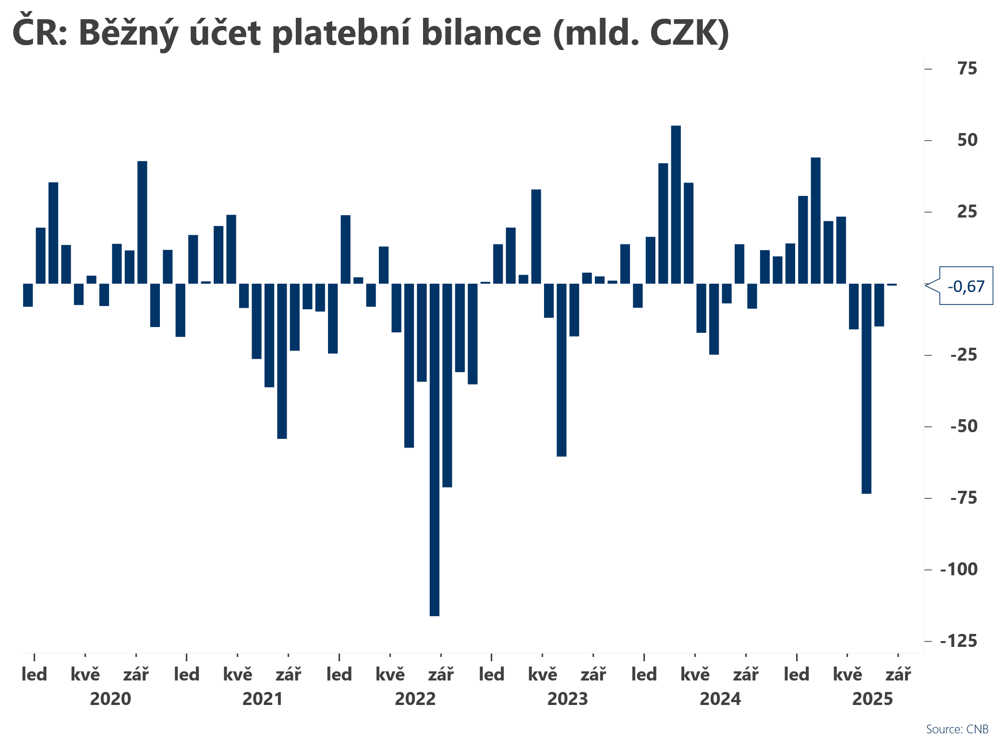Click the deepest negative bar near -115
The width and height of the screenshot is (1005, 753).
(434, 449)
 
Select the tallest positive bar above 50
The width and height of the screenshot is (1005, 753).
(676, 205)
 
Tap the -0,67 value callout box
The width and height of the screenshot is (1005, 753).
(966, 286)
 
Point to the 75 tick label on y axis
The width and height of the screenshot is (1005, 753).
(967, 69)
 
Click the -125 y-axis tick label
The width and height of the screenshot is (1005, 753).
(958, 641)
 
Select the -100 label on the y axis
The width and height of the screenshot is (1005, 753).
(958, 570)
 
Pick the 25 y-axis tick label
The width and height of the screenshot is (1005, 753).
(967, 212)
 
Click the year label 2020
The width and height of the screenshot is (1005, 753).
(110, 699)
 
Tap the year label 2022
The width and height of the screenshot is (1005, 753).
(415, 699)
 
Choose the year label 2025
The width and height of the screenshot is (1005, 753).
(872, 699)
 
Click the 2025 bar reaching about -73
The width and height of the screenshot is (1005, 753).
(866, 388)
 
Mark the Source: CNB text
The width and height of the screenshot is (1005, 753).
(957, 729)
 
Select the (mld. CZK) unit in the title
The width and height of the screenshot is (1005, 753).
(641, 34)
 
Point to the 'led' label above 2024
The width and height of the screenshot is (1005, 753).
(644, 675)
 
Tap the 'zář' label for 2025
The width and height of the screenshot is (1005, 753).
(898, 675)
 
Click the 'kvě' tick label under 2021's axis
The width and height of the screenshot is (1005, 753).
(238, 675)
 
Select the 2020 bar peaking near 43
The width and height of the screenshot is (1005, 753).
(142, 222)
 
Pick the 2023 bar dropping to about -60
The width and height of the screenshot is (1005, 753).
(561, 370)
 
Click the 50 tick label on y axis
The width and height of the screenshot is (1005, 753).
(967, 140)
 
